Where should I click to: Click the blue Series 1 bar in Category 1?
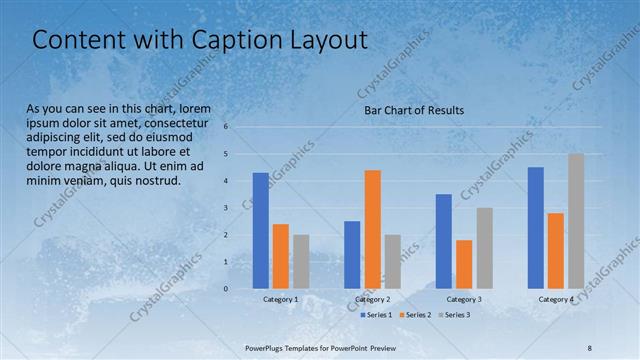click(261, 231)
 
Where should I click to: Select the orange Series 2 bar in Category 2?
click(372, 229)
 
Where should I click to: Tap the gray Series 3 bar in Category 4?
click(575, 221)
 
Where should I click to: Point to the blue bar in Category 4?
click(535, 228)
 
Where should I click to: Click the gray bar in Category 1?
click(301, 262)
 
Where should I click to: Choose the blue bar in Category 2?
click(352, 255)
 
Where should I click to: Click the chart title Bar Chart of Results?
click(413, 110)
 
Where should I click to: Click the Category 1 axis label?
click(281, 299)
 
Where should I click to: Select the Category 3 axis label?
click(464, 299)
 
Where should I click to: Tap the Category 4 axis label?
click(556, 299)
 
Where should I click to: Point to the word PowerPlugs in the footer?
click(268, 346)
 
